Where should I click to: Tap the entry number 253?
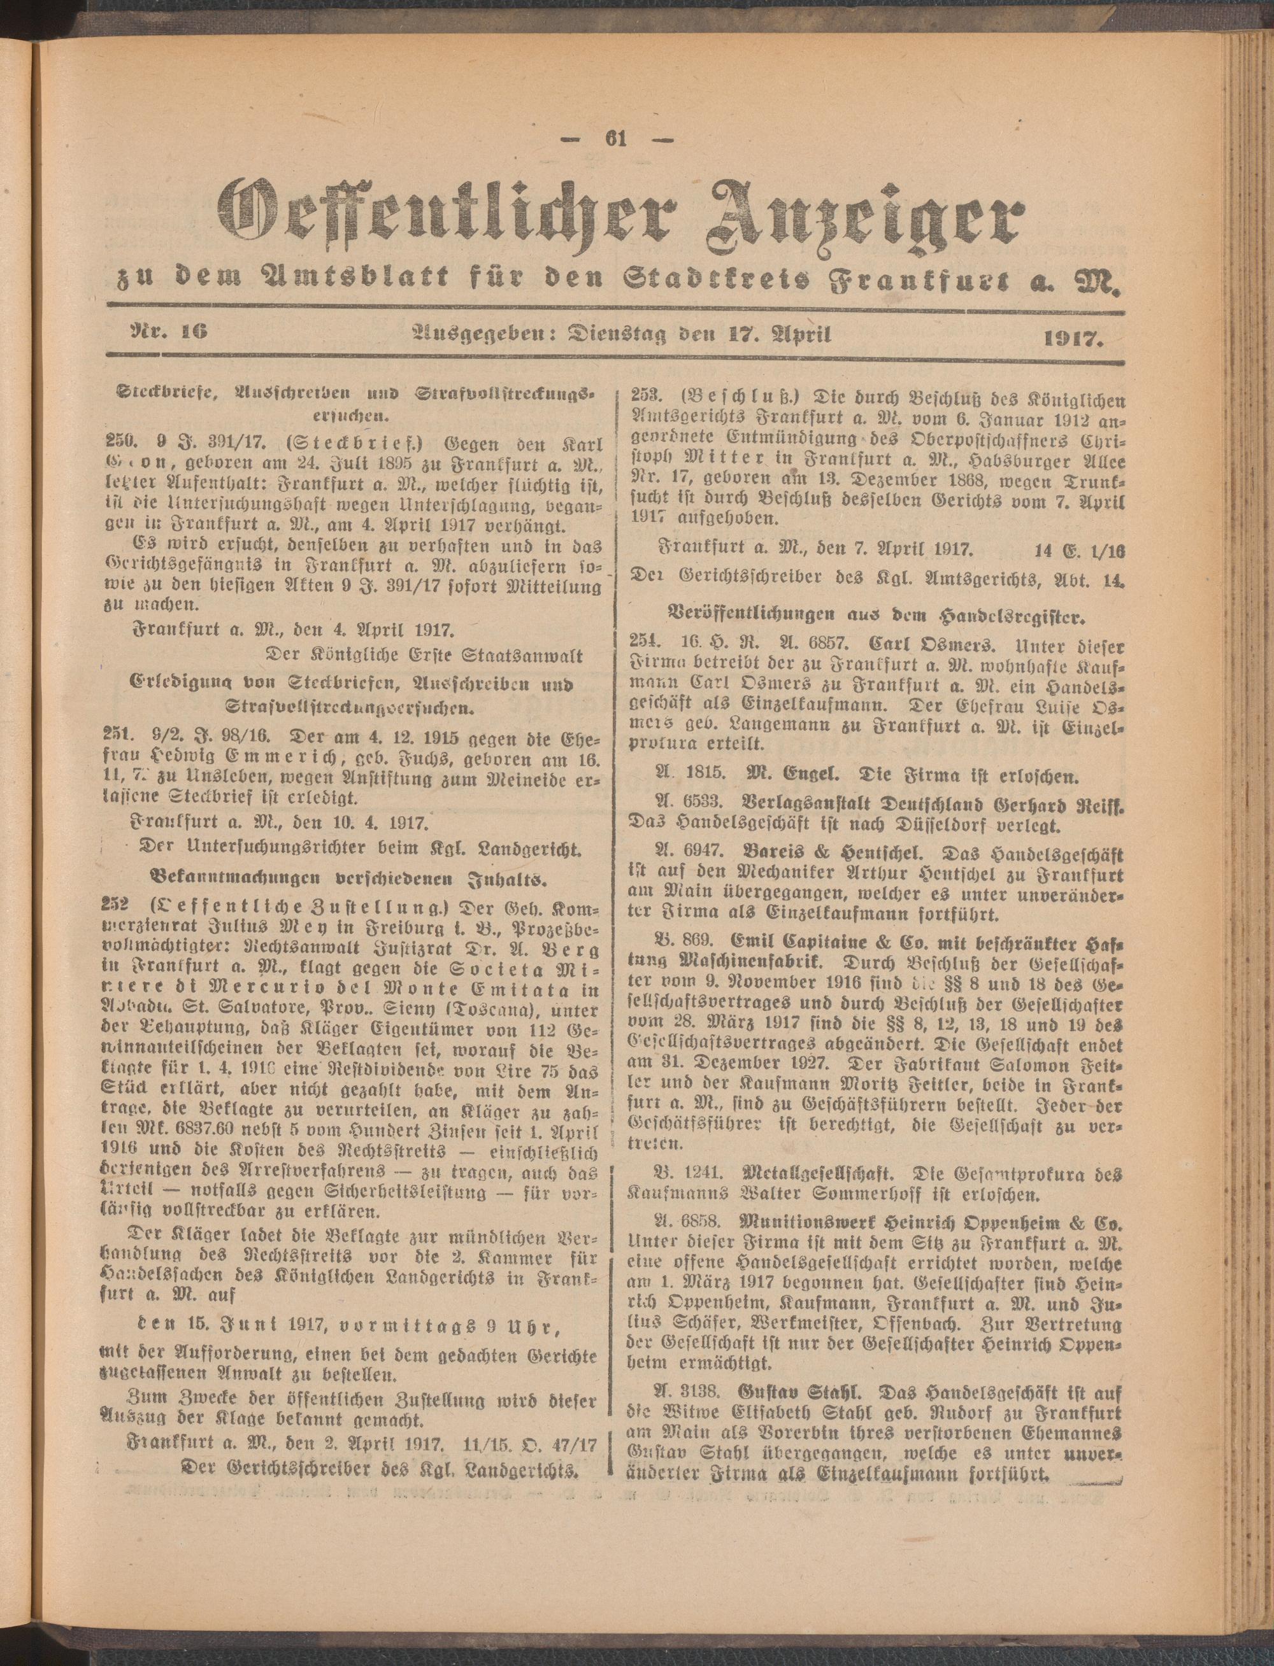pos(648,398)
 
